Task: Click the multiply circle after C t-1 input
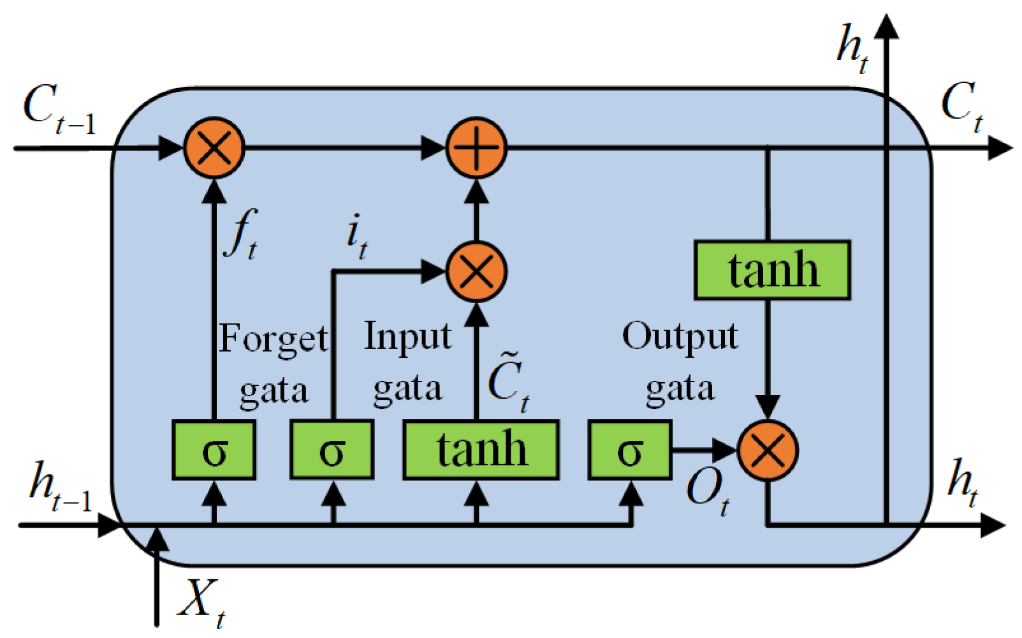click(x=214, y=147)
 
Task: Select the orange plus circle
click(x=476, y=147)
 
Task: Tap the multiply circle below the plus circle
click(x=476, y=272)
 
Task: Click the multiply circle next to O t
click(x=768, y=450)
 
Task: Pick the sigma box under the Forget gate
click(x=214, y=450)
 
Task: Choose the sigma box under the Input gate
click(x=332, y=450)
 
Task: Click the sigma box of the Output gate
click(x=630, y=450)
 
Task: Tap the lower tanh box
click(x=481, y=450)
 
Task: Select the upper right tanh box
click(x=773, y=271)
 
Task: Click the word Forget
click(x=273, y=338)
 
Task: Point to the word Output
click(x=680, y=337)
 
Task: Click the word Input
click(x=407, y=337)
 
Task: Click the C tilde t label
click(x=508, y=382)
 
